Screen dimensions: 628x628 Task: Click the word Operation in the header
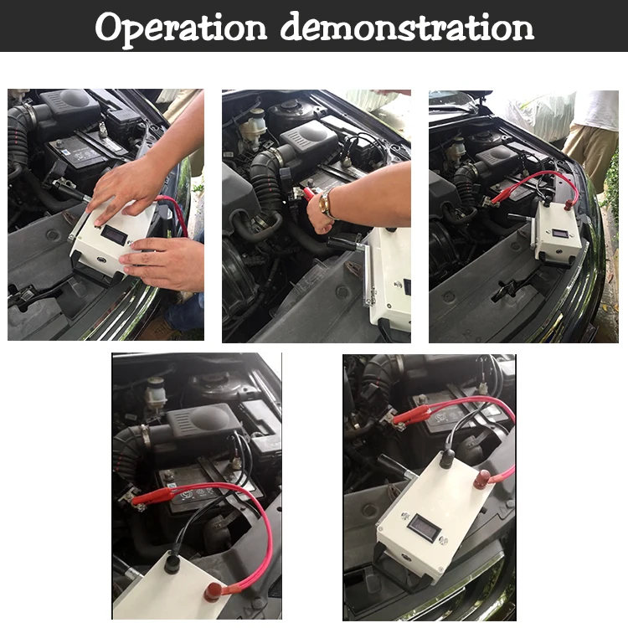coord(181,28)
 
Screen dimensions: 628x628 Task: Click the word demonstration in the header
coord(407,27)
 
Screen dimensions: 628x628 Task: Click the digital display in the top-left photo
coord(114,234)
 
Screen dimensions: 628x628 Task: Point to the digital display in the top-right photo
coord(558,233)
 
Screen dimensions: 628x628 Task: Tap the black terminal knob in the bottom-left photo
coord(172,564)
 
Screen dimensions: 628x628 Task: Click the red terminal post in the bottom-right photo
coord(482,479)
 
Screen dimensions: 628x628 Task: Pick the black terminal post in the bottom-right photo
coord(447,459)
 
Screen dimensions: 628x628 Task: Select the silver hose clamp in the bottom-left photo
coord(146,436)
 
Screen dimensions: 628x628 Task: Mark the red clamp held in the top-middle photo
coord(309,194)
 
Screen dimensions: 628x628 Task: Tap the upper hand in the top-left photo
coord(127,188)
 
